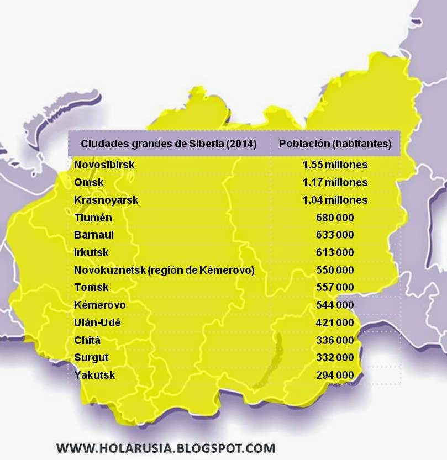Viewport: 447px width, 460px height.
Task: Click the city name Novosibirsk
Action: click(104, 165)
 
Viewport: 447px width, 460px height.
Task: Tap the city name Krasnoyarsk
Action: click(106, 200)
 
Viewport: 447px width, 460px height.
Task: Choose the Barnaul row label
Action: click(94, 235)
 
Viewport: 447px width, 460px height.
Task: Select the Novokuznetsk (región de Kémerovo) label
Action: click(164, 270)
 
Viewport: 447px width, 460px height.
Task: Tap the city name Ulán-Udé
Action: click(97, 322)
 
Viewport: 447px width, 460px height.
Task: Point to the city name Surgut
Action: click(92, 358)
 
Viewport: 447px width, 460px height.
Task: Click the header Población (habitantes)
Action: click(335, 144)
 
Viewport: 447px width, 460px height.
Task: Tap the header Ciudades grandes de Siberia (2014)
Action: click(169, 144)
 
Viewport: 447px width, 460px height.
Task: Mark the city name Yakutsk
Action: click(95, 376)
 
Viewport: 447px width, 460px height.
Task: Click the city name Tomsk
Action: click(92, 288)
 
